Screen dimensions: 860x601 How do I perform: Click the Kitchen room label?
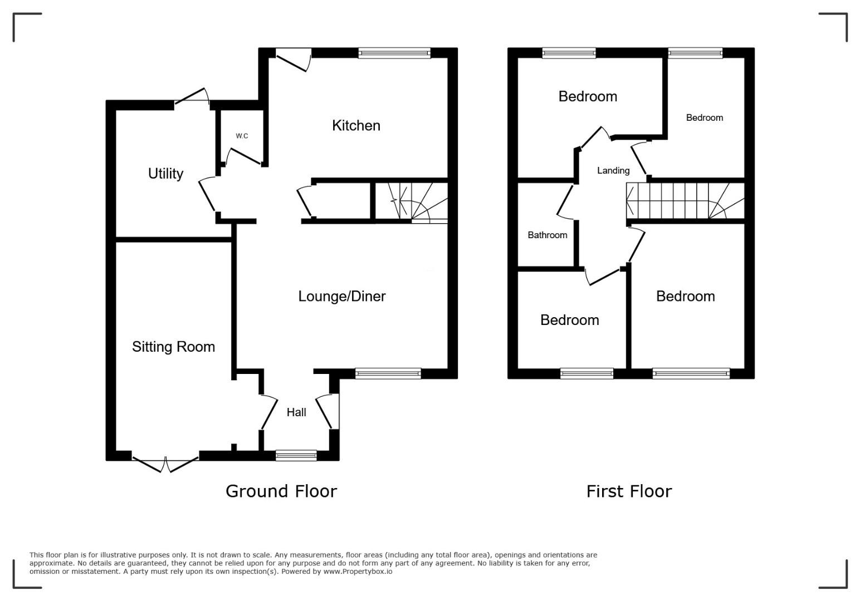pyautogui.click(x=356, y=126)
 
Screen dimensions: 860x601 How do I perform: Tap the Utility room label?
pyautogui.click(x=165, y=174)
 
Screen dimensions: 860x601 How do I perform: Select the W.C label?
pyautogui.click(x=242, y=136)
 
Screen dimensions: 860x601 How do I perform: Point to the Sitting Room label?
pyautogui.click(x=173, y=347)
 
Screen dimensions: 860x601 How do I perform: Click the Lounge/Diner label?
pyautogui.click(x=341, y=296)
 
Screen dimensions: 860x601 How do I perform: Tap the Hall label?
pyautogui.click(x=296, y=412)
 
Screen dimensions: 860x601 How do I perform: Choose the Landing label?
pyautogui.click(x=613, y=171)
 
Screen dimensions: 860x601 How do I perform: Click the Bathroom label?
pyautogui.click(x=547, y=235)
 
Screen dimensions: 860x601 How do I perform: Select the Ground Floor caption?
pyautogui.click(x=281, y=491)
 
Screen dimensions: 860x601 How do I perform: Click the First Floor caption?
pyautogui.click(x=629, y=491)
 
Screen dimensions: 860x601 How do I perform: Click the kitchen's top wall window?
pyautogui.click(x=394, y=53)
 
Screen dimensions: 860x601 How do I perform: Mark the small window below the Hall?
pyautogui.click(x=296, y=455)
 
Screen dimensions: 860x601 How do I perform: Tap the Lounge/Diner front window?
pyautogui.click(x=388, y=373)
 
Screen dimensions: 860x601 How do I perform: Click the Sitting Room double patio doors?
pyautogui.click(x=165, y=464)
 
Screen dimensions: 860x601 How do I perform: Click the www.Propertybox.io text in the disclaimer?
pyautogui.click(x=358, y=572)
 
